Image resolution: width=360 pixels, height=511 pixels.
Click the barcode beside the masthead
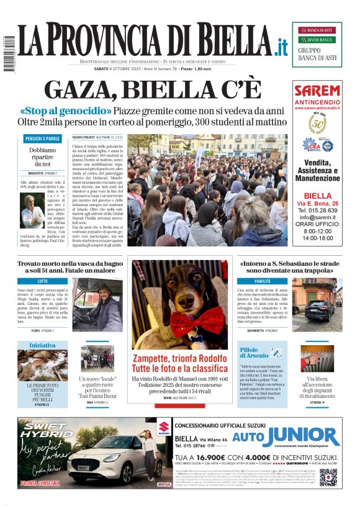pyautogui.click(x=8, y=53)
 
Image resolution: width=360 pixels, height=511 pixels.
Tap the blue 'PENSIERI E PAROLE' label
pyautogui.click(x=42, y=138)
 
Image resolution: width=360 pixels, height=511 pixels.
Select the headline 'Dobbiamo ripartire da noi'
pyautogui.click(x=42, y=158)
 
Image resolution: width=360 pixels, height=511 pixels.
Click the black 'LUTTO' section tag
pyautogui.click(x=43, y=281)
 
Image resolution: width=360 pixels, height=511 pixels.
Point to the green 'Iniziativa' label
pyautogui.click(x=42, y=345)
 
